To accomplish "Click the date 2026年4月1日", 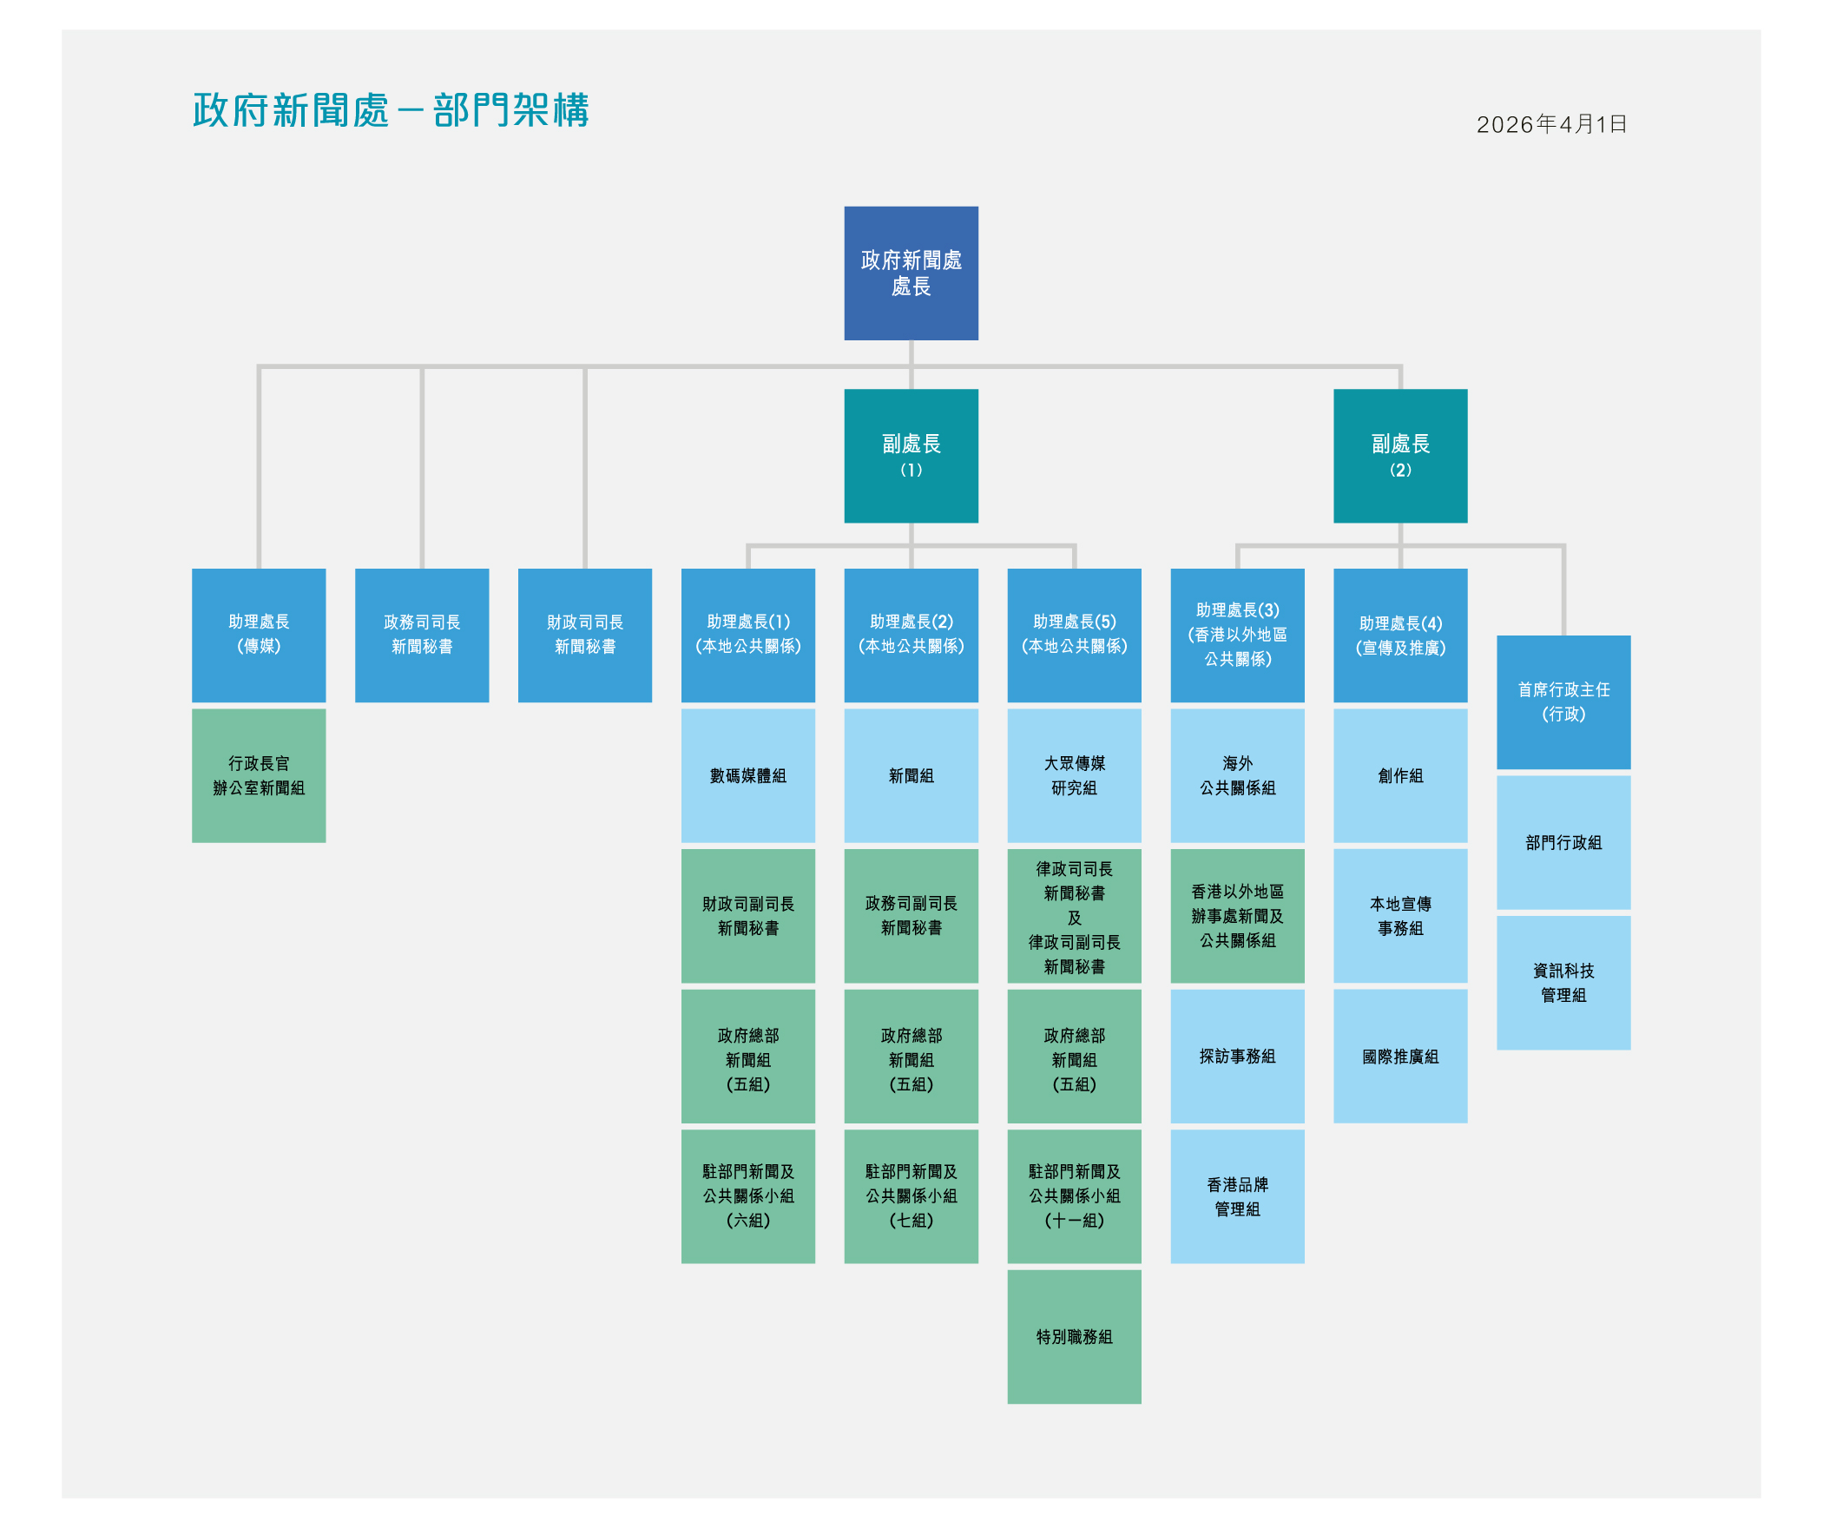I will click(x=1551, y=124).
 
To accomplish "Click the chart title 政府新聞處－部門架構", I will click(x=391, y=111).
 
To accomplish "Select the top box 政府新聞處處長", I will click(x=911, y=273).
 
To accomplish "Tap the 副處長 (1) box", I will click(x=911, y=455).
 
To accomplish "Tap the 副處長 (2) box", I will click(x=1399, y=455).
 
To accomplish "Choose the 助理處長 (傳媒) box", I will click(x=259, y=635).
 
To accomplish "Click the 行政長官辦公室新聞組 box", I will click(x=259, y=775).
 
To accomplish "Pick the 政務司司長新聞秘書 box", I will click(x=422, y=635).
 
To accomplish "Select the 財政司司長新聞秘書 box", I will click(x=584, y=635).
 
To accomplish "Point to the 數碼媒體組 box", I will click(x=747, y=775).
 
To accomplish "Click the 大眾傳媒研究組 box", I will click(x=1074, y=775).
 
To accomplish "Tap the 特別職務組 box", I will click(x=1074, y=1336).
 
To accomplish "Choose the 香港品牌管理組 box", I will click(x=1237, y=1195).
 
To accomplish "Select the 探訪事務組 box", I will click(x=1237, y=1056).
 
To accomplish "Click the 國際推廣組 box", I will click(x=1399, y=1056).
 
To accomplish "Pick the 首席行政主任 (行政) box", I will click(x=1563, y=701).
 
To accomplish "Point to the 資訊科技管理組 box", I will click(x=1563, y=982).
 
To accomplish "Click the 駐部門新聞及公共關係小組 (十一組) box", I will click(x=1074, y=1195).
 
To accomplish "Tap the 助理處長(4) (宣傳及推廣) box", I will click(x=1399, y=635).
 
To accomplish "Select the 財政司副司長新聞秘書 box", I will click(x=747, y=915).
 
